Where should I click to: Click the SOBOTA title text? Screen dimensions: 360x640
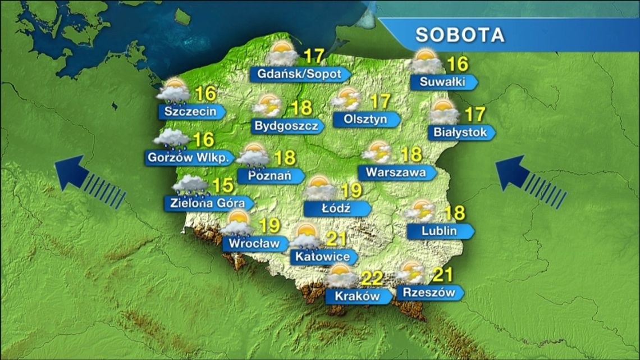pyautogui.click(x=460, y=35)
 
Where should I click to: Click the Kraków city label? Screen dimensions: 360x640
pyautogui.click(x=357, y=296)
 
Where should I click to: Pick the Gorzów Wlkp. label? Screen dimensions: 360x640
pyautogui.click(x=188, y=158)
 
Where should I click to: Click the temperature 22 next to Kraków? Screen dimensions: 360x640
pyautogui.click(x=372, y=278)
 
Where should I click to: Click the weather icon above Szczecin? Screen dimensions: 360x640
pyautogui.click(x=173, y=91)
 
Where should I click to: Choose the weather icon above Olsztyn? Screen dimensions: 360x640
pyautogui.click(x=346, y=99)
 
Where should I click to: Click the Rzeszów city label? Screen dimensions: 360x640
pyautogui.click(x=428, y=293)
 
